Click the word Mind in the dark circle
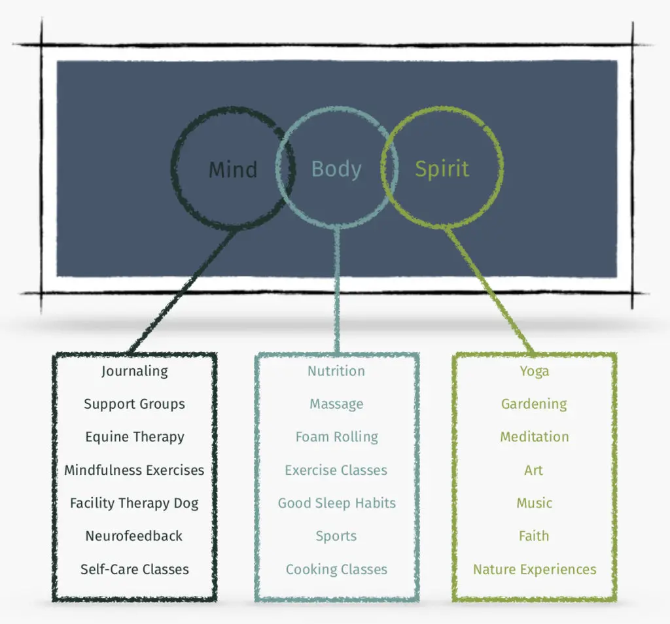pos(233,169)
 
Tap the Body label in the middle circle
pos(336,169)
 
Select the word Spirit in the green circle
pos(442,169)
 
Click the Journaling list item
pos(135,371)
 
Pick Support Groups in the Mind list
pos(135,404)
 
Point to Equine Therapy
pos(135,437)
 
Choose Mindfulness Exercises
pos(134,470)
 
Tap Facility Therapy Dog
pos(134,503)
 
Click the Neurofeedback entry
pos(134,536)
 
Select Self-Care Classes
pos(135,569)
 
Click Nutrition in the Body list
pos(336,371)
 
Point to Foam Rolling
pos(337,437)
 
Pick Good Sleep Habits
pos(337,503)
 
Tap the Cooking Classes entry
pos(337,569)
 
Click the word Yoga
pos(535,371)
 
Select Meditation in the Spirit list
pos(535,437)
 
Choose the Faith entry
pos(534,536)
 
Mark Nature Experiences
pos(535,569)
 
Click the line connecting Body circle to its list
pos(337,290)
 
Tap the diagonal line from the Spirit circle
pos(489,290)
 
